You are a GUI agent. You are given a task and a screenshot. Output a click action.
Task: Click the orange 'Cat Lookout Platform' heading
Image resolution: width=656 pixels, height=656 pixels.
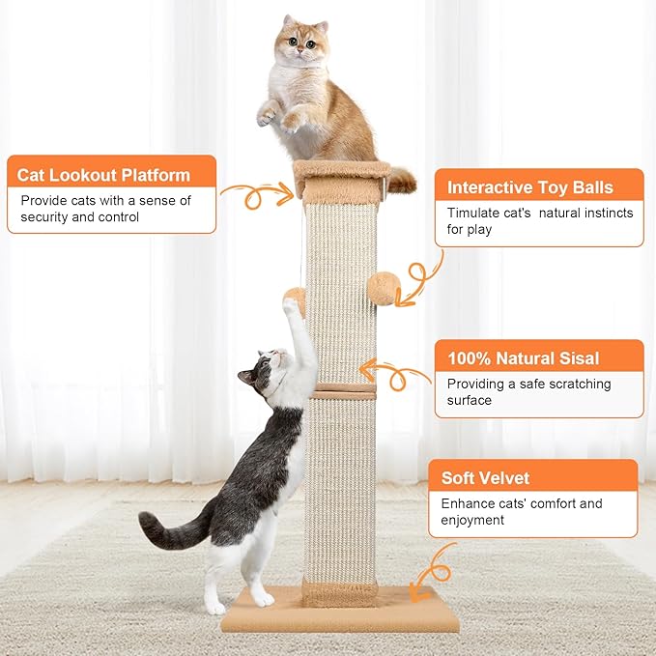tap(103, 175)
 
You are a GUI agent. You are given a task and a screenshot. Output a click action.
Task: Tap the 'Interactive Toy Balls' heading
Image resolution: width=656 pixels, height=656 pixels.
tap(529, 187)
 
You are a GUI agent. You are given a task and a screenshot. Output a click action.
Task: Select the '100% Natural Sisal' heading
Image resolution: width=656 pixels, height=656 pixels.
tap(523, 358)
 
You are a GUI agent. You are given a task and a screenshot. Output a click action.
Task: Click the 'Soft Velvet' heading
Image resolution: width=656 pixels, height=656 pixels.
tap(485, 477)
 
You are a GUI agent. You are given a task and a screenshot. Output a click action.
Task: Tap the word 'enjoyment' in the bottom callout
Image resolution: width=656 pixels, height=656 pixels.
tap(473, 520)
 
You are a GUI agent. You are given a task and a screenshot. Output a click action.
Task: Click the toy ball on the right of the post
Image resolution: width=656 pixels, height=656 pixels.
tap(385, 288)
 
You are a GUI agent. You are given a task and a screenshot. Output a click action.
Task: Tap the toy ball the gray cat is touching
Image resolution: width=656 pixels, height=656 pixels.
tap(296, 299)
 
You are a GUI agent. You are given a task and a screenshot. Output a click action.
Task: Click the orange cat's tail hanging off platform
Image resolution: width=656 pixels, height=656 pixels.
tap(401, 180)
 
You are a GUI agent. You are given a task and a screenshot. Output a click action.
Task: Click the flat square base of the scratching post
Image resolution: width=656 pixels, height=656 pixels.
tap(340, 613)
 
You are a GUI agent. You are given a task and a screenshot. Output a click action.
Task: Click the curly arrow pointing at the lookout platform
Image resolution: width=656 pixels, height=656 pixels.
tap(256, 196)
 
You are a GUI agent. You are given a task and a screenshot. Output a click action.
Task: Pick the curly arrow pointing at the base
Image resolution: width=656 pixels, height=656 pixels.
tap(435, 570)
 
